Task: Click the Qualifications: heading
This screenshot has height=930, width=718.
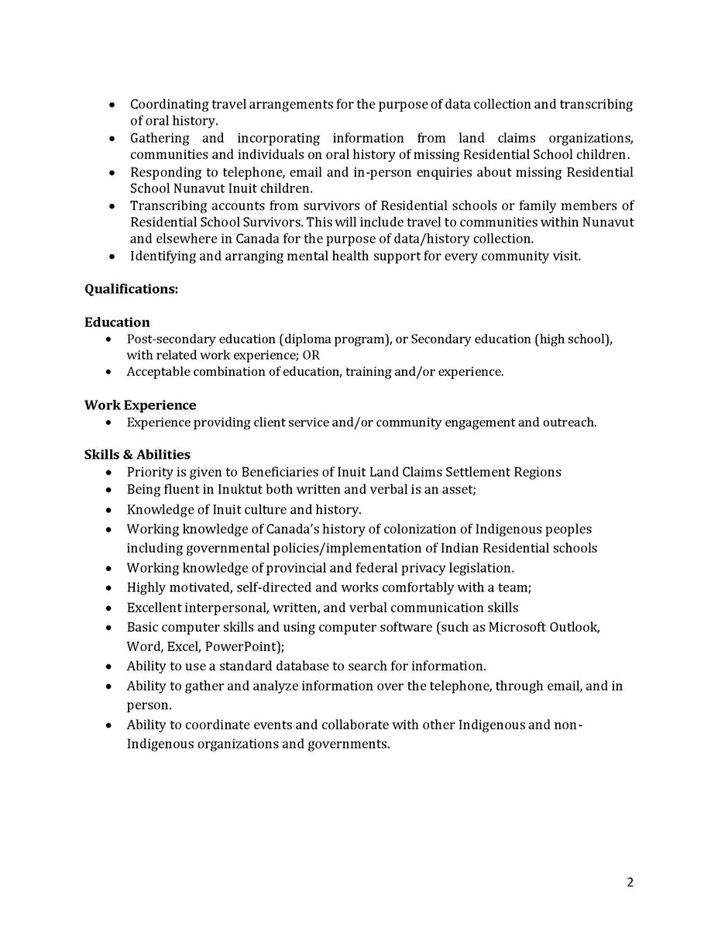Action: point(131,289)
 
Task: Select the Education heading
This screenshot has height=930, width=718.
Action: point(117,322)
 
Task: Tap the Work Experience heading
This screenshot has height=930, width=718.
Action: point(140,405)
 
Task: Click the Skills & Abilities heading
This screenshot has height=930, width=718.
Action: point(137,454)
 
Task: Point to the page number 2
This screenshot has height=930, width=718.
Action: point(630,882)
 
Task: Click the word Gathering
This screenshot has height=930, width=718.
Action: point(160,138)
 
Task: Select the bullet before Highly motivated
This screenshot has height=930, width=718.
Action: point(109,588)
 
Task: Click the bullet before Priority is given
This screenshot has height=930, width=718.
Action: point(109,472)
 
